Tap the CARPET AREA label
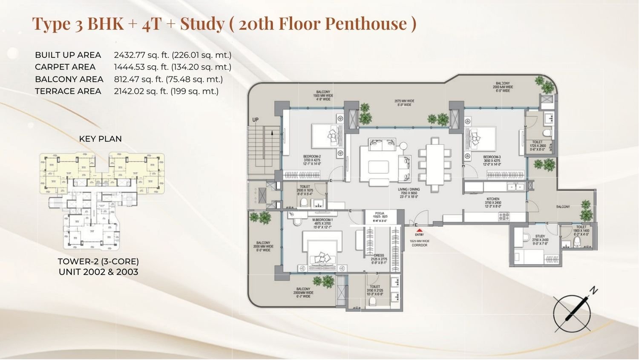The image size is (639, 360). click(65, 67)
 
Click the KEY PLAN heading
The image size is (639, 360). click(101, 139)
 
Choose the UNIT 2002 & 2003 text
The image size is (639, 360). click(98, 272)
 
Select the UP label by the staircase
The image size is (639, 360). click(255, 120)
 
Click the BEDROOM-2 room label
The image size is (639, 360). click(312, 156)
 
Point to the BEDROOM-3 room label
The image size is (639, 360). click(492, 157)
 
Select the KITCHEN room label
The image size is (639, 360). click(493, 199)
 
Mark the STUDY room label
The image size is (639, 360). click(540, 236)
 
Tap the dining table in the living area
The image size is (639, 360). click(435, 164)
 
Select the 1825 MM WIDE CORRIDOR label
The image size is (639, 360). click(419, 243)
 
